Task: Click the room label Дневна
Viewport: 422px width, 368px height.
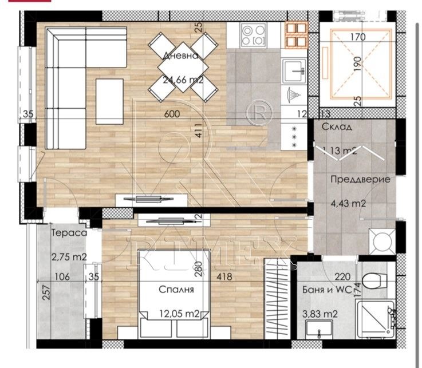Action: pos(180,56)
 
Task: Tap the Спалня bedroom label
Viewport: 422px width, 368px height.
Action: pos(176,290)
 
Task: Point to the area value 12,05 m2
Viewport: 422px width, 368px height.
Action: pos(179,313)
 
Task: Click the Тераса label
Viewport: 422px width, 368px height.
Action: pos(69,234)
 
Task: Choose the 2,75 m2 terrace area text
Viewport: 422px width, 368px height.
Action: pos(69,257)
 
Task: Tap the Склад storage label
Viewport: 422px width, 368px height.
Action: pos(337,127)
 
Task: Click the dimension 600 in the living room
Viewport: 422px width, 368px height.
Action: pos(172,114)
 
